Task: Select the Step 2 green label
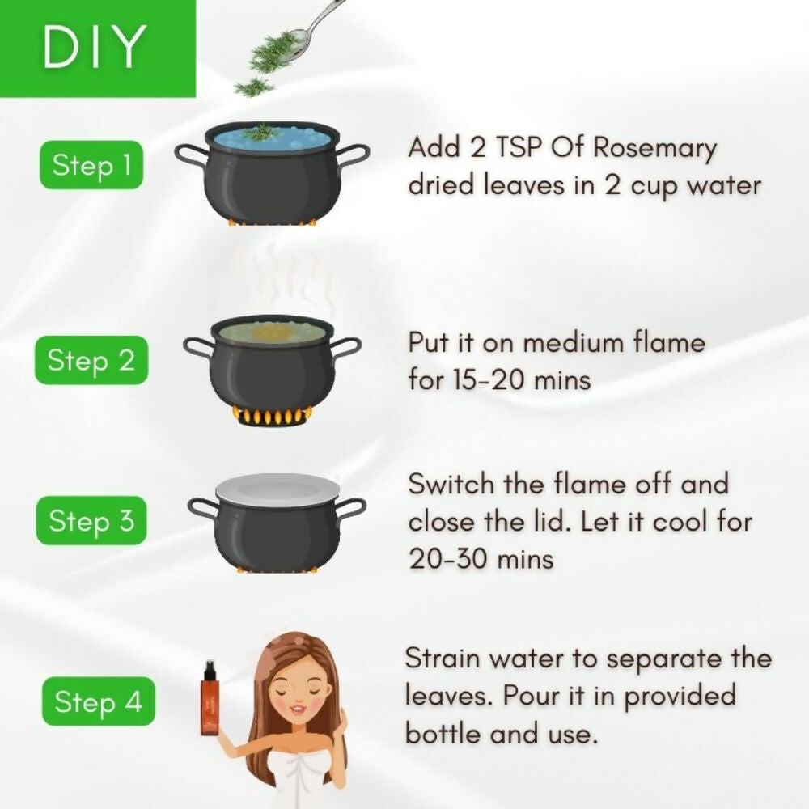click(91, 360)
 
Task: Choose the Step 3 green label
click(91, 520)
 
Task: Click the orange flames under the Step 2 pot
click(272, 417)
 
